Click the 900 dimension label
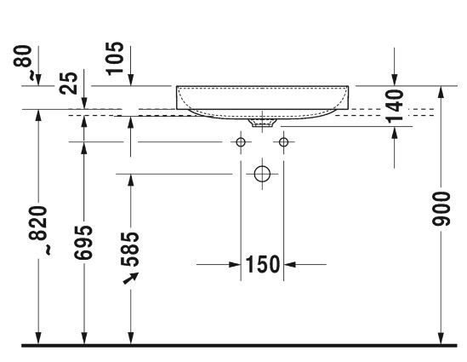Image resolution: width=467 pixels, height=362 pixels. click(x=441, y=209)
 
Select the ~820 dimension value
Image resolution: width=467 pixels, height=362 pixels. click(x=39, y=231)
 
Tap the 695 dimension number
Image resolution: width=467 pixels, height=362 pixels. click(x=83, y=243)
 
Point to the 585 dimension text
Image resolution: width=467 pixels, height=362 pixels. click(x=130, y=250)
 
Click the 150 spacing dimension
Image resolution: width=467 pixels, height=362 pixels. click(x=262, y=265)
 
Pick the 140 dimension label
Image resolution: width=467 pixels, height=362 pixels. click(x=395, y=106)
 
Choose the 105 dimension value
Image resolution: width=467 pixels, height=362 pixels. click(x=115, y=58)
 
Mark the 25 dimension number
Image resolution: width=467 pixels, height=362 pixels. click(x=69, y=83)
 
